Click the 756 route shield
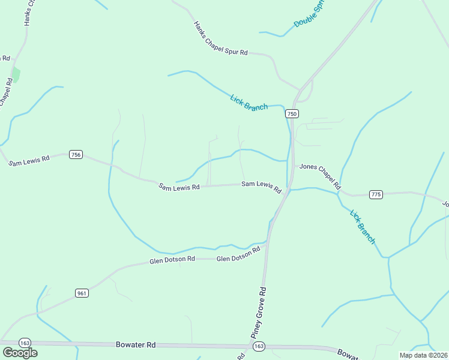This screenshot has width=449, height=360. pos(76,155)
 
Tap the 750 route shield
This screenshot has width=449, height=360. pos(292,114)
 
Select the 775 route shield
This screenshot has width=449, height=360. pos(376,194)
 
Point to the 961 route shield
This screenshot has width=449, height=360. pos(82,293)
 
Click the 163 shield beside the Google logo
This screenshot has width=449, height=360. pos(25,343)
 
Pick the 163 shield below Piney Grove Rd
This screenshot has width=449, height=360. pos(259,347)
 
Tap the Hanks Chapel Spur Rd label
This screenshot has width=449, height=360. pos(220,39)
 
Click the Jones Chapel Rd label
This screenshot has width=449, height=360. pos(320,176)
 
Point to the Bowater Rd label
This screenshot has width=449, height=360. pos(136,345)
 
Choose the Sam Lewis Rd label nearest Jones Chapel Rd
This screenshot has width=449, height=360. pos(261,186)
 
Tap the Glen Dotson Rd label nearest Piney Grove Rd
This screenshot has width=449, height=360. pos(238,254)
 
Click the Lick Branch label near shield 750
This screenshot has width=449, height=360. pos(249,102)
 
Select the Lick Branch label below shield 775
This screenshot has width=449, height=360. pos(363,227)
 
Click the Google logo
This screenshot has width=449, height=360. pos(20,353)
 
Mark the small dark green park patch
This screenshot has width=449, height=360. pos(16,75)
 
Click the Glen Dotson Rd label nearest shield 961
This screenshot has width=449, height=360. pos(172,260)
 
